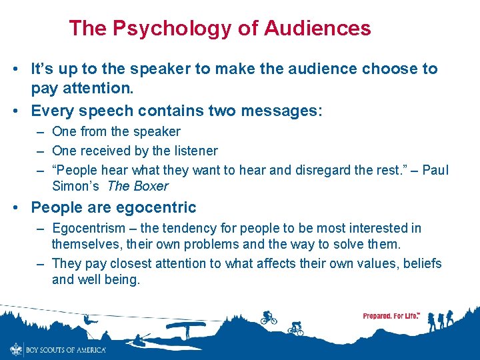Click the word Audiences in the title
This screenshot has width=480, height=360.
317,29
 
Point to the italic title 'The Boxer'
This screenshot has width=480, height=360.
137,186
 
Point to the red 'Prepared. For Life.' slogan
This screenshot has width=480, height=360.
391,315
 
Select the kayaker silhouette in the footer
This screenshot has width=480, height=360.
139,340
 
